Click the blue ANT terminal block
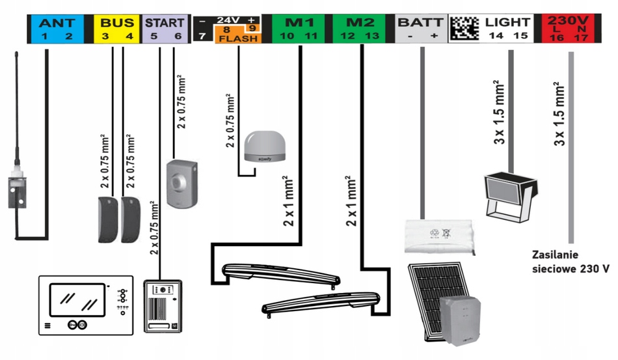57,29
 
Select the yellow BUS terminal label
117,29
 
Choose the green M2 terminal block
359,29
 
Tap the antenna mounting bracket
16,188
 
